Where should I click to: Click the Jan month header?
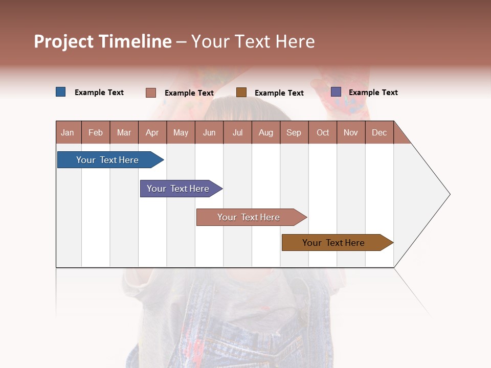(68, 132)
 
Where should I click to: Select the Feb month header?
(96, 132)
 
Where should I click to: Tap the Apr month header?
(152, 132)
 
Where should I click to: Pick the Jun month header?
(209, 132)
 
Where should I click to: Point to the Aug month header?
(265, 132)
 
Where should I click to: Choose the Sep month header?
(294, 132)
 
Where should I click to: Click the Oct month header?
(323, 132)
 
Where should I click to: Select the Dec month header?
(379, 132)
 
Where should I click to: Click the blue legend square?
(61, 92)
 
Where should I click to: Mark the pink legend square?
(151, 93)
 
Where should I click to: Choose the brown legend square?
(241, 92)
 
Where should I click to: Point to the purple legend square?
(336, 92)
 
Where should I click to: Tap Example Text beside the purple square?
(373, 93)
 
